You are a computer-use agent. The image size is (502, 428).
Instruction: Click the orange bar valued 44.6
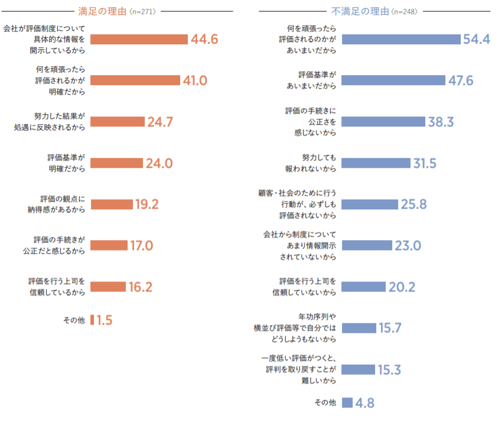point(139,39)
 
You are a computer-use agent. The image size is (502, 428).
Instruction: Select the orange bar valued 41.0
point(135,80)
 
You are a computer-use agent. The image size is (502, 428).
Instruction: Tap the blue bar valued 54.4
point(400,39)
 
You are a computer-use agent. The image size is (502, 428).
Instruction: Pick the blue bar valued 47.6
point(393,80)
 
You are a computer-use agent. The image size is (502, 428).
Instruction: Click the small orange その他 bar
point(92,320)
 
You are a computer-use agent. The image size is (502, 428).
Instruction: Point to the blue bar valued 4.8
point(347,403)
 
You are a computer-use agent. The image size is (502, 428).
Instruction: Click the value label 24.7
point(160,122)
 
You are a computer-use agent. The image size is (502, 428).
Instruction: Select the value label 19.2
point(147,205)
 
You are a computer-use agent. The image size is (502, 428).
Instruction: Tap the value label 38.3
point(441,122)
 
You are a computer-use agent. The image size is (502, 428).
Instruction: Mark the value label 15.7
point(390,328)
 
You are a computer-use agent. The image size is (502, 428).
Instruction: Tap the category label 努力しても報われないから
point(315,163)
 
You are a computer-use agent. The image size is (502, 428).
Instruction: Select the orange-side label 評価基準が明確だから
point(66,163)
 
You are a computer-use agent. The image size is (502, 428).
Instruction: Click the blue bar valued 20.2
point(363,287)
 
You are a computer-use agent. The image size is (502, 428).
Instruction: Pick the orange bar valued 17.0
point(109,245)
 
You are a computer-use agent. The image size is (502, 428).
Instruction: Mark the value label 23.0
point(408,245)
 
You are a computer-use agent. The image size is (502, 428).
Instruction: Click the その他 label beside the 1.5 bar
point(74,320)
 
